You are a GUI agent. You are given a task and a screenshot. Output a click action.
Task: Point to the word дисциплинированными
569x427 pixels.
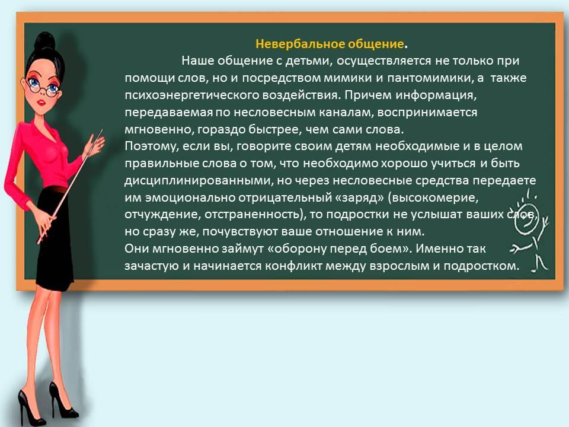[x=199, y=181]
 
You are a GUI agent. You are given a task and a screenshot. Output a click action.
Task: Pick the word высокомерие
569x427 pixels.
[x=436, y=198]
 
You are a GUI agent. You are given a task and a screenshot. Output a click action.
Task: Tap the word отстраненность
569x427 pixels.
[x=252, y=215]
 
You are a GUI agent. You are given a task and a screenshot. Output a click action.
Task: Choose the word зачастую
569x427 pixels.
[x=152, y=266]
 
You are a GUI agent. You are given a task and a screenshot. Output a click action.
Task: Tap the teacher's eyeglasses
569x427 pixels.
[x=43, y=87]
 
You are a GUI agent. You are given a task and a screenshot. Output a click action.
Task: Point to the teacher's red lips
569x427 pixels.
[x=41, y=103]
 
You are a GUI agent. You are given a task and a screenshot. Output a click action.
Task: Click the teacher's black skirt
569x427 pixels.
[x=53, y=236]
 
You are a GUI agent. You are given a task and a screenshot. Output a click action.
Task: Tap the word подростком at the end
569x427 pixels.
[x=481, y=266]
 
